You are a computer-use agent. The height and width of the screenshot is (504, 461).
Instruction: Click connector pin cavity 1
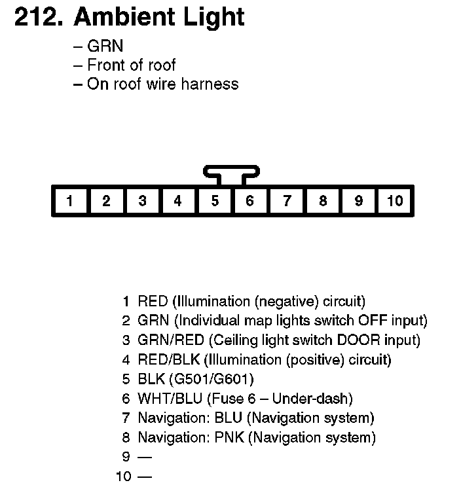70,201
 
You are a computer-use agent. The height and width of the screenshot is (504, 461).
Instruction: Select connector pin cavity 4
178,201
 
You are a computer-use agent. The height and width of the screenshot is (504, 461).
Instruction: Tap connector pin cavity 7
287,201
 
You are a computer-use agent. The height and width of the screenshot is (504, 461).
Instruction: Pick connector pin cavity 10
395,201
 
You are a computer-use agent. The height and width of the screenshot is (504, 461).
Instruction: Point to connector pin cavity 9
359,201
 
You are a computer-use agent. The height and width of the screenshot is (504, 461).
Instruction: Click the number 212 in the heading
38,18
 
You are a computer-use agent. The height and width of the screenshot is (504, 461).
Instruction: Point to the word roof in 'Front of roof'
161,65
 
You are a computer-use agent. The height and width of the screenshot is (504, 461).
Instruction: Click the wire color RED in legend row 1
153,302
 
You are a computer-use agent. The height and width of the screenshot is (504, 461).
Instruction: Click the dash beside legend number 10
144,477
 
